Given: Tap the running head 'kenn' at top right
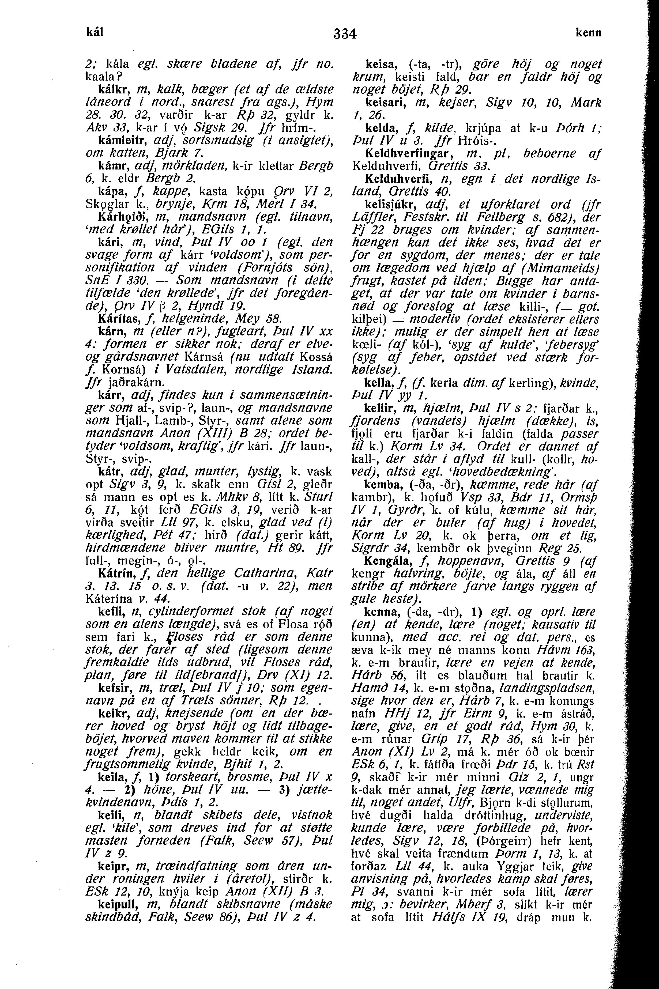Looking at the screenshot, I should tap(588, 33).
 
